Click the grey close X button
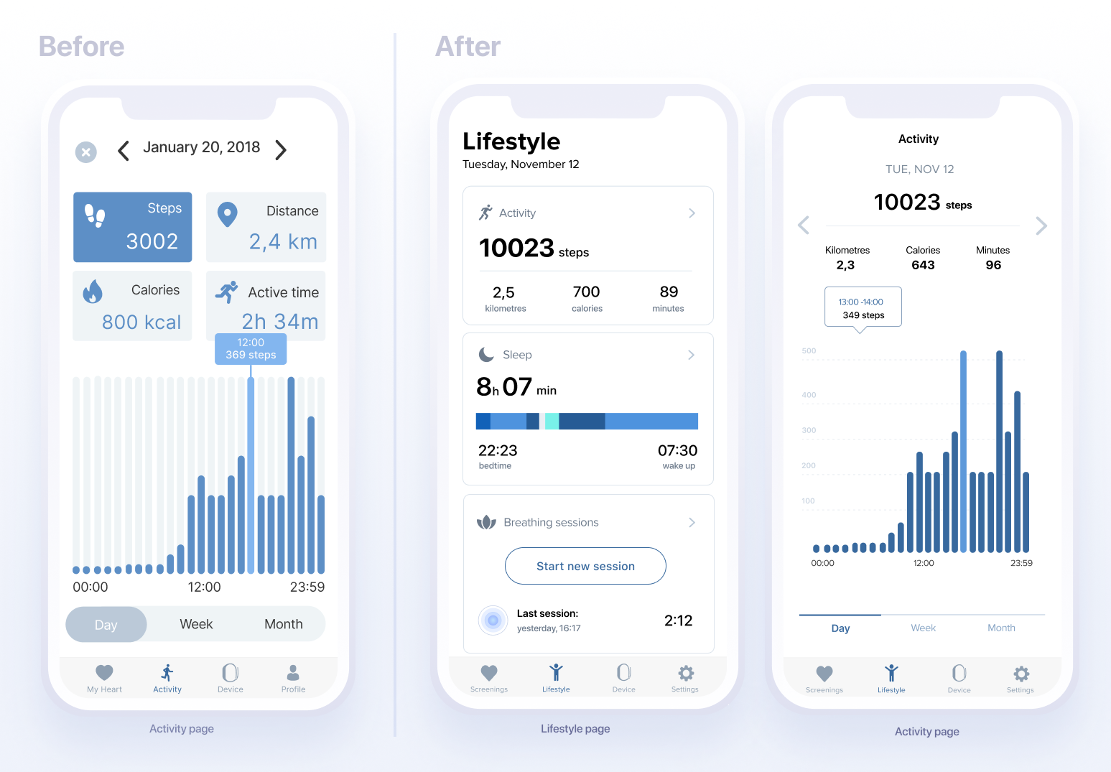tap(86, 152)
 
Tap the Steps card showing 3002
tap(133, 227)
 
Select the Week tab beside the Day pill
tap(196, 624)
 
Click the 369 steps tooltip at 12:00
tap(251, 349)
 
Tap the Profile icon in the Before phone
tap(293, 676)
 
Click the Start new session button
tap(585, 566)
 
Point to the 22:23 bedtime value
tap(498, 451)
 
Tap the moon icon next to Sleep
tap(486, 355)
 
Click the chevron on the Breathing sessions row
tap(692, 522)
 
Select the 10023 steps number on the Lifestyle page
tap(516, 248)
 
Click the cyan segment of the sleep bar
tap(552, 421)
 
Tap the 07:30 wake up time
tap(677, 451)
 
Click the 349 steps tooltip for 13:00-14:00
tap(863, 307)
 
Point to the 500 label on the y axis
tap(809, 351)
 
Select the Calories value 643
tap(923, 265)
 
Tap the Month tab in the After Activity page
tap(1001, 628)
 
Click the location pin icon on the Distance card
tap(228, 214)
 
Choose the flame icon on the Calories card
tap(93, 292)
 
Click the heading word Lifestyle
tap(511, 141)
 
